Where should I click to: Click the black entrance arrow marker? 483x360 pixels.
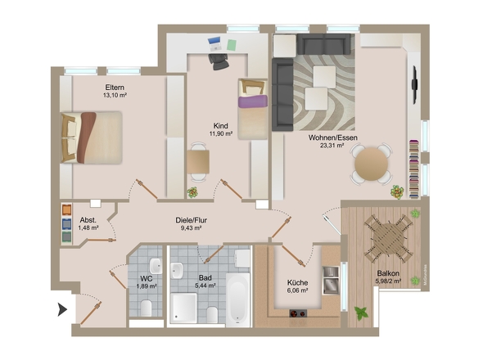62,309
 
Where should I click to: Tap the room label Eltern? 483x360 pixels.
115,88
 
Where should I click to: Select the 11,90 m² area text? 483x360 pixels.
221,133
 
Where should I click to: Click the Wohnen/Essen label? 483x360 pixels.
332,137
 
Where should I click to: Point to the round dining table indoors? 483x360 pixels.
371,164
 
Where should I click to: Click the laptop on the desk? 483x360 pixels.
214,43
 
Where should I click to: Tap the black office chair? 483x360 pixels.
219,61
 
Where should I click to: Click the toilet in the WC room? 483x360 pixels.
146,308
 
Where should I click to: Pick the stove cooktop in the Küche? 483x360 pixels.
298,313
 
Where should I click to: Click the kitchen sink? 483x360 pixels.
331,281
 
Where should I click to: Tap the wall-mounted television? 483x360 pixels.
414,84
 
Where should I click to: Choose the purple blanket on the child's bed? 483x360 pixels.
253,101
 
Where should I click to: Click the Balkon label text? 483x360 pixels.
388,273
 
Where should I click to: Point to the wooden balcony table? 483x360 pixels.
388,238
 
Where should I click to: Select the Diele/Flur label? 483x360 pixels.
191,220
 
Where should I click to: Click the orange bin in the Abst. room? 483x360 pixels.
67,209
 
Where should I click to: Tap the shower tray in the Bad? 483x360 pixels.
183,308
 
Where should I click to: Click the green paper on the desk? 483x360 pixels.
232,45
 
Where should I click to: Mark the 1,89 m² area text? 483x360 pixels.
147,286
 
